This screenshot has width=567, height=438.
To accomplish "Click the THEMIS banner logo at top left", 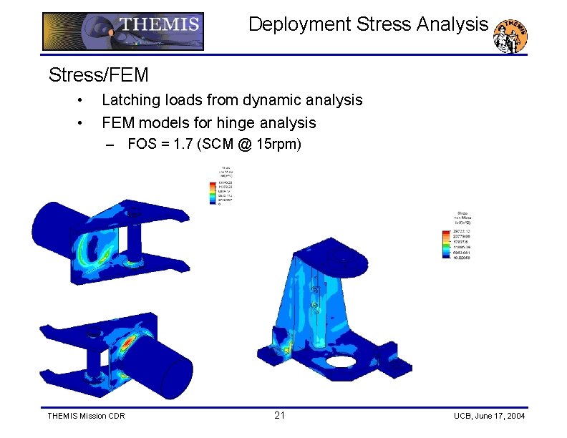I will tap(122, 31).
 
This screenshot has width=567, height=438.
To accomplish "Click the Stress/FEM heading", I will tap(98, 74).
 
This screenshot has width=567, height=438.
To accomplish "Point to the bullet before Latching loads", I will tap(83, 99).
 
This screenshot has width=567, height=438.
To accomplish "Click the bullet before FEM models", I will tap(83, 122).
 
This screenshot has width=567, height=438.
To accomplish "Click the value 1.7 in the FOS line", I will tap(186, 145).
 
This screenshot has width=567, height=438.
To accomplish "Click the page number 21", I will tap(279, 416).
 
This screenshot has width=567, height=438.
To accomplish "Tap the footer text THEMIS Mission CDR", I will tap(85, 416).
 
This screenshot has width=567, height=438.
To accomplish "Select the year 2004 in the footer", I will tap(513, 416).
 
